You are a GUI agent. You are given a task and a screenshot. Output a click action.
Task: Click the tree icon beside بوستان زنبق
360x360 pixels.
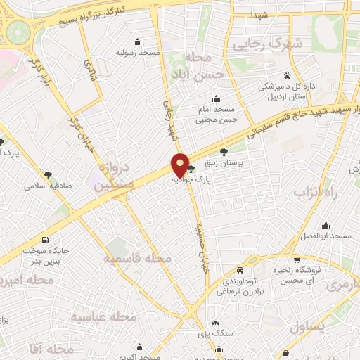[224, 151]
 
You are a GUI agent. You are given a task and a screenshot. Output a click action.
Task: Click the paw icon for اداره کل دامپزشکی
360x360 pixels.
[287, 75]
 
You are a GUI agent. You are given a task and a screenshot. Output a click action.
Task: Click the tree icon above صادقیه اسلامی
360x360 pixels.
[49, 174]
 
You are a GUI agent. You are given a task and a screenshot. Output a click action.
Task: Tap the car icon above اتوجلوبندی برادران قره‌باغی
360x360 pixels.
[240, 271]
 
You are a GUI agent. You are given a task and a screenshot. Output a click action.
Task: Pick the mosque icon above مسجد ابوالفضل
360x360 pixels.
[326, 226]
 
